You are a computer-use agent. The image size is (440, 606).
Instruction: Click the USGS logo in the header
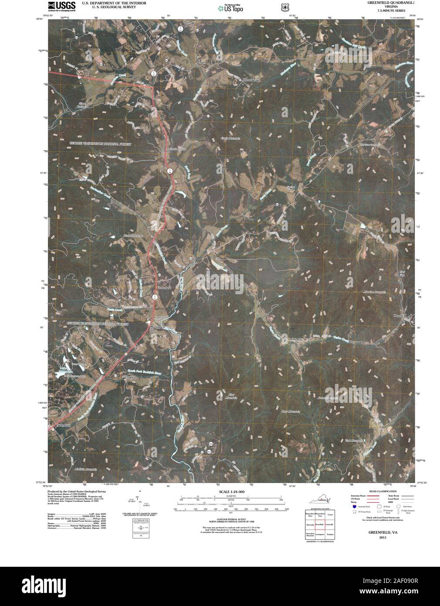tap(61, 6)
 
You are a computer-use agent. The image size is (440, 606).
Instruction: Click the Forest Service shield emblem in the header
tap(284, 7)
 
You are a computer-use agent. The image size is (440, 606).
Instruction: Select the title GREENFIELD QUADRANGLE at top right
tap(387, 3)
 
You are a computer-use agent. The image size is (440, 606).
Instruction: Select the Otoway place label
tap(297, 339)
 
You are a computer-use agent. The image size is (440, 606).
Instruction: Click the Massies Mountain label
tap(375, 292)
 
